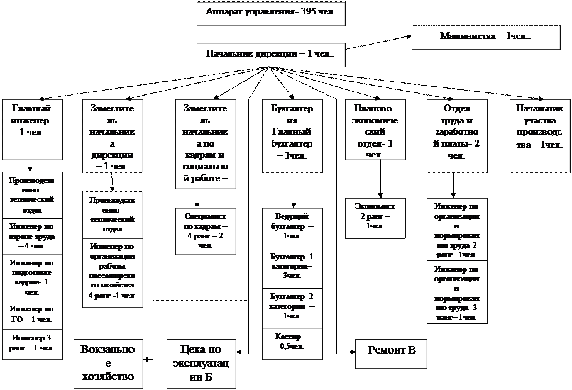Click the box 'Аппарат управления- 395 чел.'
coord(271,13)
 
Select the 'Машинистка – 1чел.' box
coord(485,37)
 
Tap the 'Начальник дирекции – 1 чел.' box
coord(271,55)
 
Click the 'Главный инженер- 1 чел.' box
coord(32,128)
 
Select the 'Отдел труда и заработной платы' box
coord(456,135)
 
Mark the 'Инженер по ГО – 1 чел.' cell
coord(32,315)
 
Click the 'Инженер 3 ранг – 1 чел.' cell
coord(32,343)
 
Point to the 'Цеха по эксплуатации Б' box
coord(201,364)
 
